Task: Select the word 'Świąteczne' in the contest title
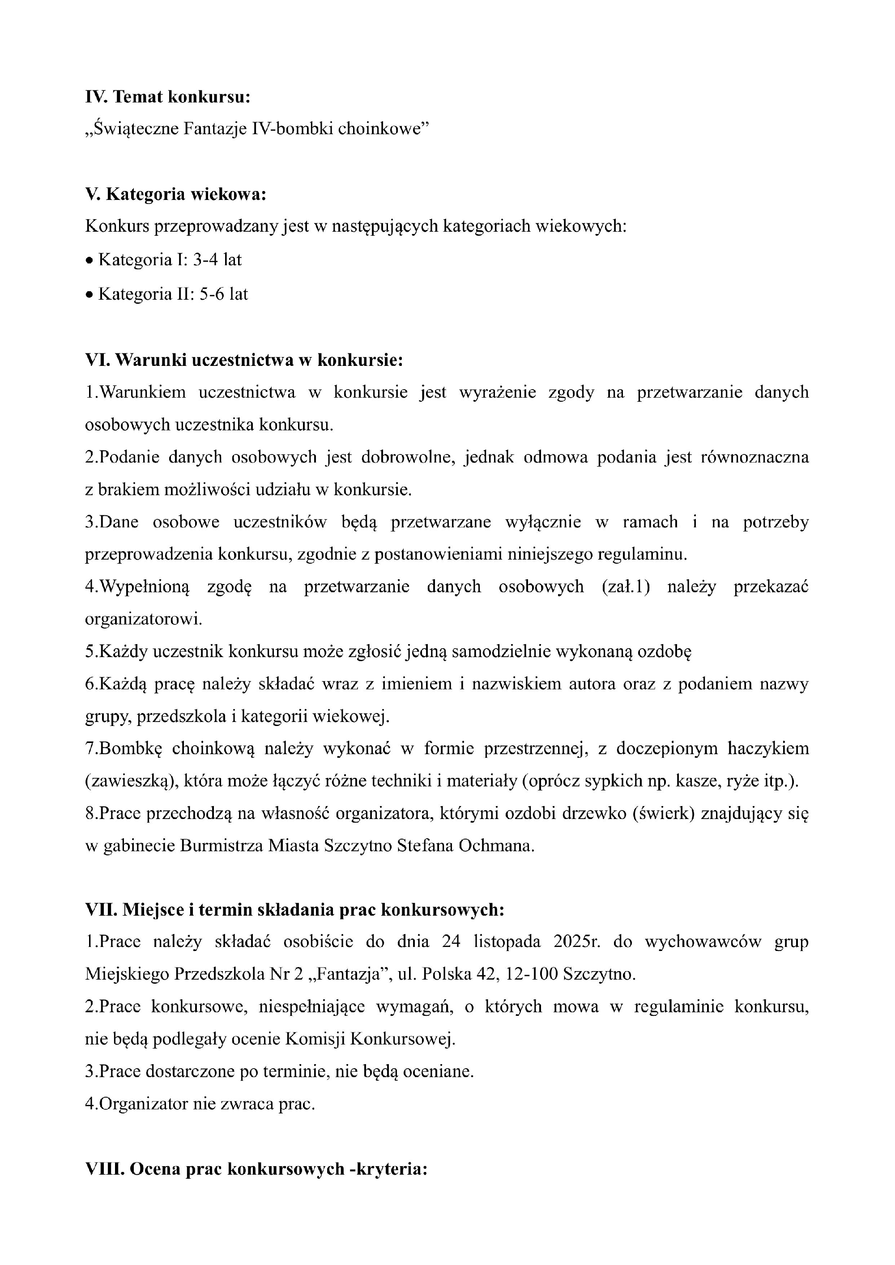pos(136,129)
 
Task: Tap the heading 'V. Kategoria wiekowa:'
pos(175,194)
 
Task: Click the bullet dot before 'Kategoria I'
pos(89,261)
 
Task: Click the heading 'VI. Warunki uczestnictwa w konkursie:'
pos(244,360)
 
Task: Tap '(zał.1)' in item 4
pos(626,586)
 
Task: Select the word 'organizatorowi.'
pos(143,619)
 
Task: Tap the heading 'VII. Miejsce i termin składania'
pos(295,910)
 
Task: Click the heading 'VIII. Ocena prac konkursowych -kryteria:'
pos(256,1169)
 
